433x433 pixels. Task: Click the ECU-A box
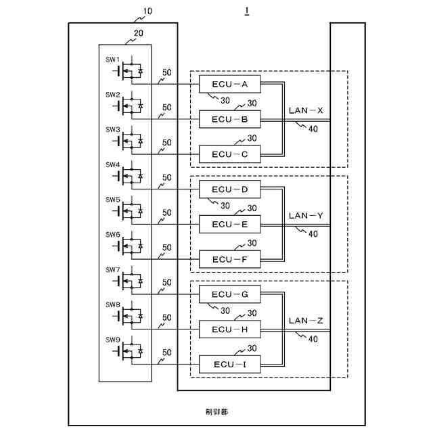pos(229,84)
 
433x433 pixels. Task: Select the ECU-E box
pos(229,224)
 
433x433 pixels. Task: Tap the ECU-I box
pos(229,364)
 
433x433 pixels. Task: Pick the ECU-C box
pos(229,154)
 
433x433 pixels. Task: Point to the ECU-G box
pos(229,294)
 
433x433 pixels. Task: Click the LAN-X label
pos(306,110)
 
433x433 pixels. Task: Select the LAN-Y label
pos(306,215)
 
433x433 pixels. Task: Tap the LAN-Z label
pos(306,321)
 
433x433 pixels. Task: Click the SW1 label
pos(112,60)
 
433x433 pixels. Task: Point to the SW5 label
pos(113,200)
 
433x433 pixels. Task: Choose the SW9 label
pos(113,340)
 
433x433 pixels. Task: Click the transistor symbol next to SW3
pos(128,141)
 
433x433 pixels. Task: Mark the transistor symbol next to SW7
pos(128,281)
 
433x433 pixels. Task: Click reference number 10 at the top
pos(147,12)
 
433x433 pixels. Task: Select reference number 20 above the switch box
pos(138,33)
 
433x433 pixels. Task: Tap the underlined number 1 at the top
pos(246,11)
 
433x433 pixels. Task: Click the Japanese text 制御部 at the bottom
pos(216,412)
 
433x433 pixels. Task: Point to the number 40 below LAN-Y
pos(313,234)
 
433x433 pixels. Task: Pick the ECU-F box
pos(229,259)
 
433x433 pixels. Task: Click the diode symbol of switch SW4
pos(140,176)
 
